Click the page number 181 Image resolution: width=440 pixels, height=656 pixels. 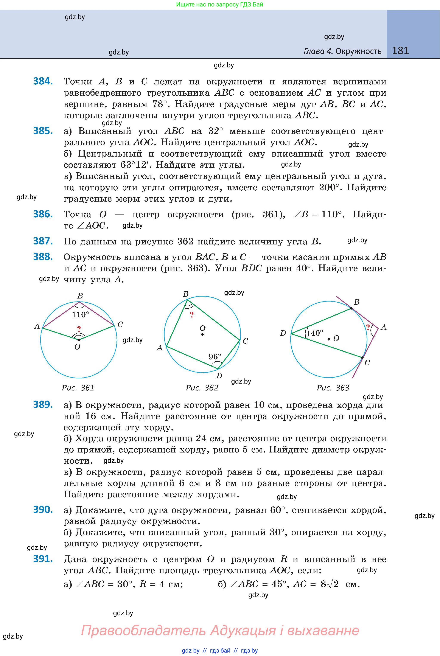point(400,51)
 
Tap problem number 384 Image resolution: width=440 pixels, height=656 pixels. point(43,81)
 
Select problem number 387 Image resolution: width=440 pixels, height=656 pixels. point(43,241)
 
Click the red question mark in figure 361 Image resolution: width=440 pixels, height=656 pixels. point(79,329)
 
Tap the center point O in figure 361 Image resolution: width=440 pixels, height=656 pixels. point(79,340)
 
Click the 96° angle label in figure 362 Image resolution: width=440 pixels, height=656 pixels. point(215,357)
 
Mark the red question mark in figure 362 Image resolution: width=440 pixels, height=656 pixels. point(192,315)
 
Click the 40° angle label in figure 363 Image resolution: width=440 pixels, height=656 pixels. point(317,333)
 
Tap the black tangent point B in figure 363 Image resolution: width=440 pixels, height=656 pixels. point(351,308)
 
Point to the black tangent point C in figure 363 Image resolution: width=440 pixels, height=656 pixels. point(362,358)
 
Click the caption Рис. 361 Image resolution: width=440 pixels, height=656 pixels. point(78,388)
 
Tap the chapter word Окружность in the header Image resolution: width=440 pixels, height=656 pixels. point(358,51)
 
